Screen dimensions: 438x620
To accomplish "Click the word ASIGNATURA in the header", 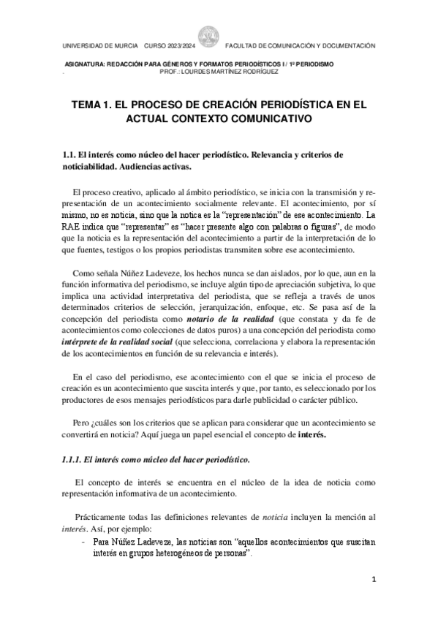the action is (87, 64).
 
